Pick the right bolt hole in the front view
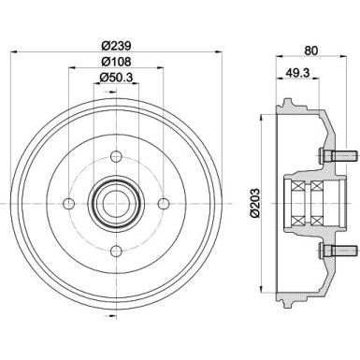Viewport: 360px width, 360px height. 164,201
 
